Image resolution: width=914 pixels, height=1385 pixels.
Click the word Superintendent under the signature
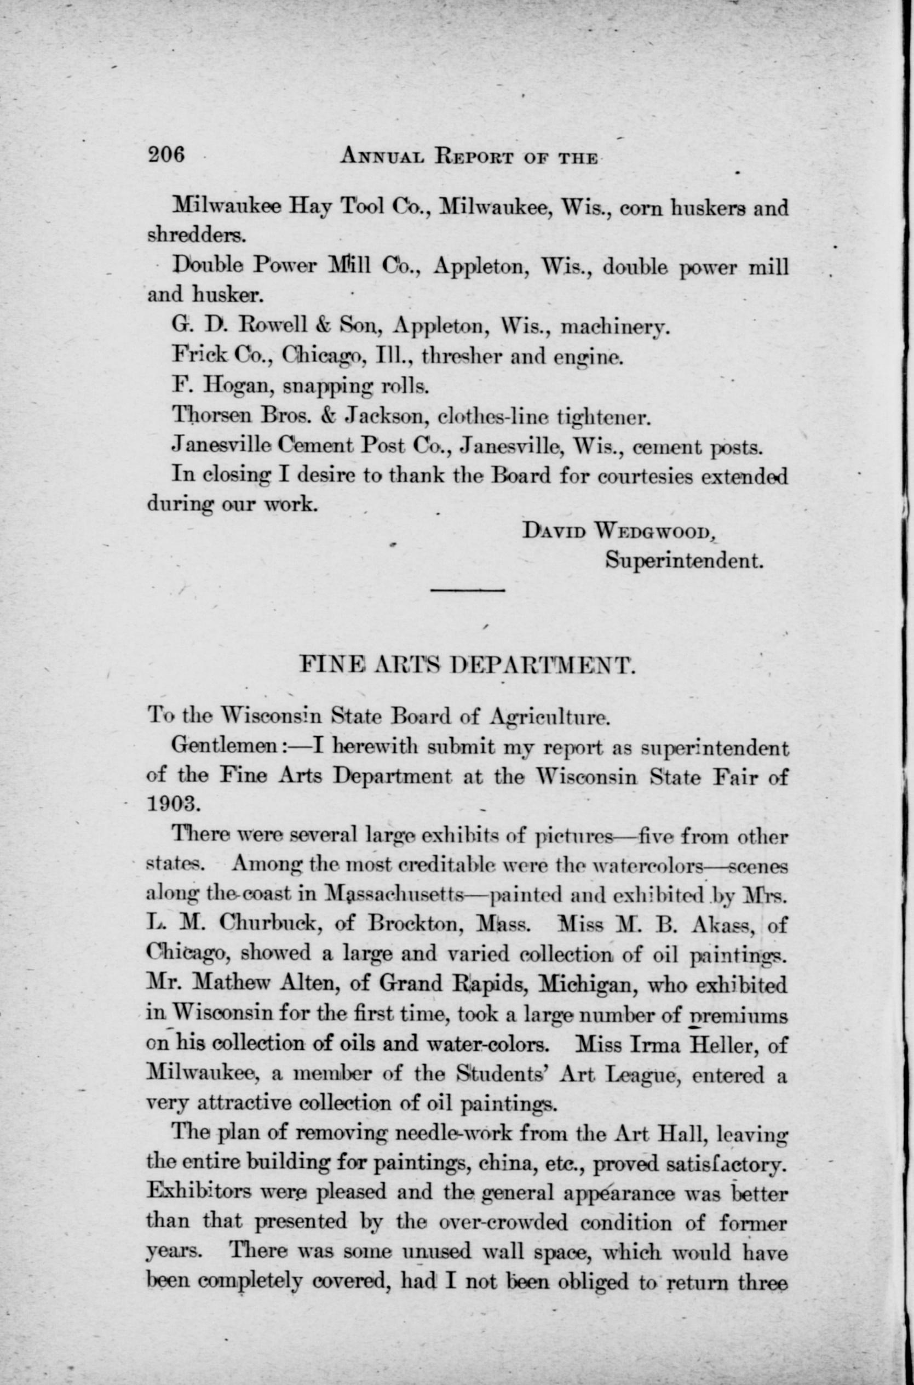click(x=684, y=560)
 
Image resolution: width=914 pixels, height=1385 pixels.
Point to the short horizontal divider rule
click(x=468, y=591)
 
